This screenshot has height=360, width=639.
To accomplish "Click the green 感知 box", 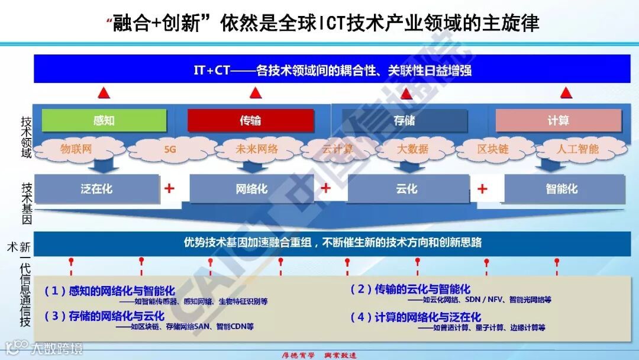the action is tap(104, 121).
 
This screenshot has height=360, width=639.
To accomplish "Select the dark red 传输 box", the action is tap(250, 121).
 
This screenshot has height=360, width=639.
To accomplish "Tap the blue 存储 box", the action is tap(404, 121).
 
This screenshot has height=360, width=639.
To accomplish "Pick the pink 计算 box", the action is tap(558, 121).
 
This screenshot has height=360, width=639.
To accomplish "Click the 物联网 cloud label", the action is tap(76, 149).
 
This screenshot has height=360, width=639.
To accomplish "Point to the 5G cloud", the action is tap(170, 150).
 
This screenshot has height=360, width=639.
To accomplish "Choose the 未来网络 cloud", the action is tap(256, 149).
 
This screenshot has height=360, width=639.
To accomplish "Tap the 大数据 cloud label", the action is tap(412, 149).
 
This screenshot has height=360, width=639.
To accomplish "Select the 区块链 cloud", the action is tap(492, 149).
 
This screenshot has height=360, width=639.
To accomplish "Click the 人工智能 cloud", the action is tap(577, 149).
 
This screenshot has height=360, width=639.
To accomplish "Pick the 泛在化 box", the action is tap(96, 189).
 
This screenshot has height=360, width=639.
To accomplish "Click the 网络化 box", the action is tap(251, 189).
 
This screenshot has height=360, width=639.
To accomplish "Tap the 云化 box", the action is tap(406, 189).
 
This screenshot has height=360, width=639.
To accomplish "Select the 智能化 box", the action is tap(561, 189).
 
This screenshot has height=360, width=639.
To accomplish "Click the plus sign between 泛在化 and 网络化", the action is tap(170, 189).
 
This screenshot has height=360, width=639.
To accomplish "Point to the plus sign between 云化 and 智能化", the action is tap(482, 189).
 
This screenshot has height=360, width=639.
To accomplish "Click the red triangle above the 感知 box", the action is tap(104, 93).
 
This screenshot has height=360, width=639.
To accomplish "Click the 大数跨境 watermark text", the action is tap(57, 348).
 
